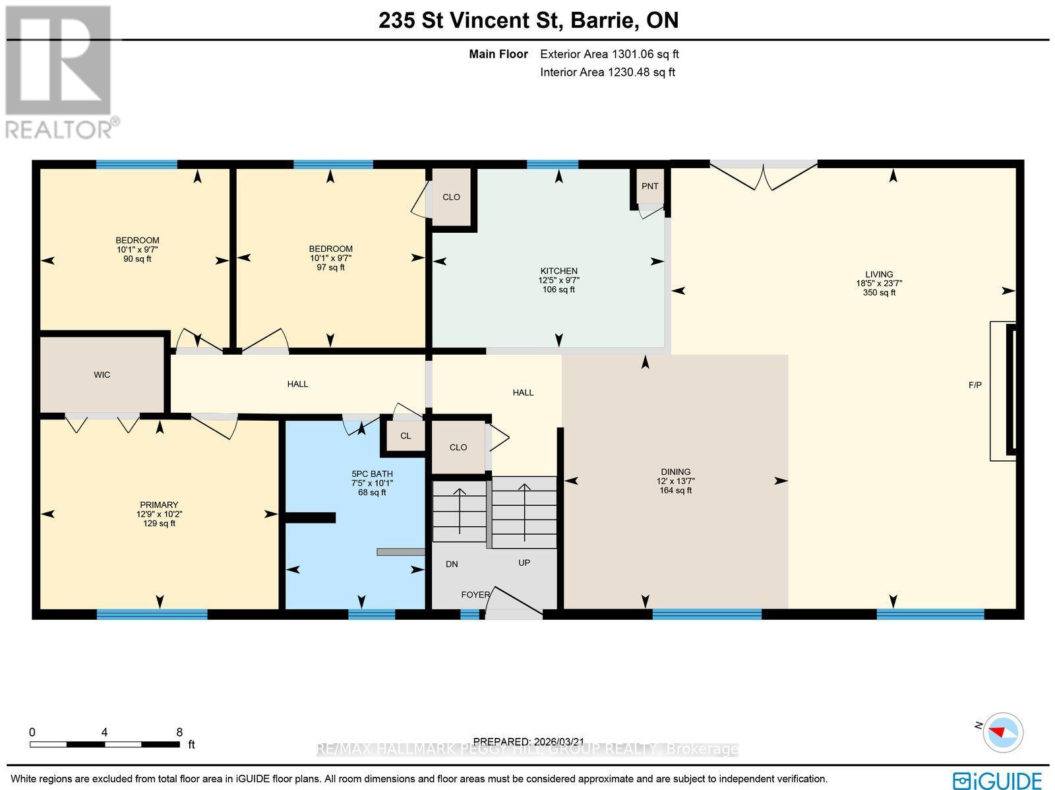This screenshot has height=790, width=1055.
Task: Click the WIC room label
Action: (102, 375)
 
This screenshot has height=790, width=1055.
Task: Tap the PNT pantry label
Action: (649, 186)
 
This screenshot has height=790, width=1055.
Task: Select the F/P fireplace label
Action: (975, 385)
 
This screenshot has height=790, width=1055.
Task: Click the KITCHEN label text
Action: (558, 271)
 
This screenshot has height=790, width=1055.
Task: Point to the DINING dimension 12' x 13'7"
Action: (675, 481)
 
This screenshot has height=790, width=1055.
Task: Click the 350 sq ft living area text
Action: (879, 293)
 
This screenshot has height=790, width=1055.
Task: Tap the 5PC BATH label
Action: (372, 473)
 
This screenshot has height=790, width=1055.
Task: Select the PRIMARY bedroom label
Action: (158, 505)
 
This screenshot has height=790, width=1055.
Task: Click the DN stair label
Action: (452, 564)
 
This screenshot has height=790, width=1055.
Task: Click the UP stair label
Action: (524, 562)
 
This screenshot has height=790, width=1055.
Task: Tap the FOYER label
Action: (475, 595)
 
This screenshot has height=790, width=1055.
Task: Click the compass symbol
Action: (1003, 732)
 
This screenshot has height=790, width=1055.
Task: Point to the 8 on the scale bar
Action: (179, 732)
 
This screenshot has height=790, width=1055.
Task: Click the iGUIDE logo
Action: (1000, 779)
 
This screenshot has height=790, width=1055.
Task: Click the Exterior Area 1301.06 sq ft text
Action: (609, 54)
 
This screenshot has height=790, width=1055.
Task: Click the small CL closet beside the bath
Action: (406, 436)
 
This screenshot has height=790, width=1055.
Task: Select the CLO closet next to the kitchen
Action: (451, 197)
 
